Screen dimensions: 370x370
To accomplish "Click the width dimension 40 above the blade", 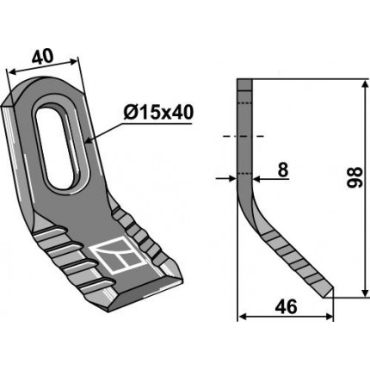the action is pos(42,56).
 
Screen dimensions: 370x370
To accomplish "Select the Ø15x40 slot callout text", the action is pos(158,113).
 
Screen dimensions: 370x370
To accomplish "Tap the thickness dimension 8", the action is pos(282,170).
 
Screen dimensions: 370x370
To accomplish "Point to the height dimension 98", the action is pos(355,177).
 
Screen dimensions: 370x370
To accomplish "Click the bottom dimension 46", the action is pos(286,307).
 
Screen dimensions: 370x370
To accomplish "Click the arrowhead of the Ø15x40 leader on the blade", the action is pos(88,141).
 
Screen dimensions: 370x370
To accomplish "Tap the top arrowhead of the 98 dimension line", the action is pos(365,84).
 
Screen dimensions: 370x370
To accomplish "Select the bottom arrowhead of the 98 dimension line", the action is pos(365,293).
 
